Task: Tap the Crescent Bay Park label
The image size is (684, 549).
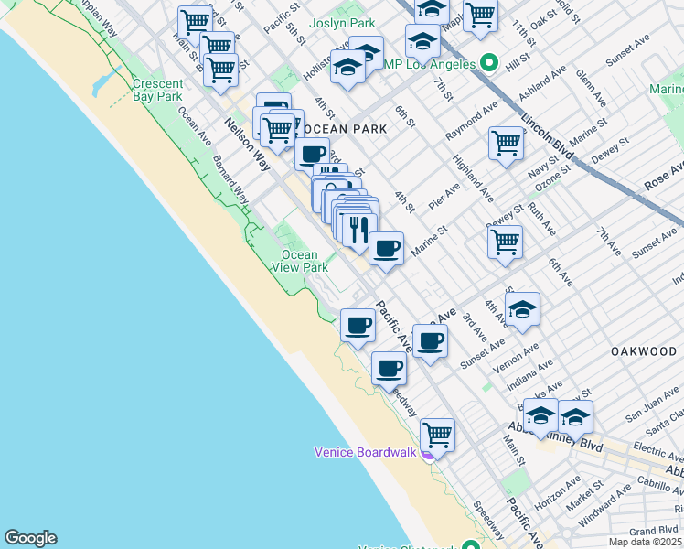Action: (x=158, y=89)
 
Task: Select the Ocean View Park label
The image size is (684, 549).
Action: (x=299, y=261)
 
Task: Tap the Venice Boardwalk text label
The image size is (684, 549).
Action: (x=365, y=452)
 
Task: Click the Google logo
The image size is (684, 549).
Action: (x=30, y=538)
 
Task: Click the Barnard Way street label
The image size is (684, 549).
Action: (x=230, y=178)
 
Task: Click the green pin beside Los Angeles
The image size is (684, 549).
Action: (x=489, y=64)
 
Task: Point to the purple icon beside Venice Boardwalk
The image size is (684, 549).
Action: (x=427, y=452)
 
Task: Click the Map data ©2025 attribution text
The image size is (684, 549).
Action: (x=645, y=542)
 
